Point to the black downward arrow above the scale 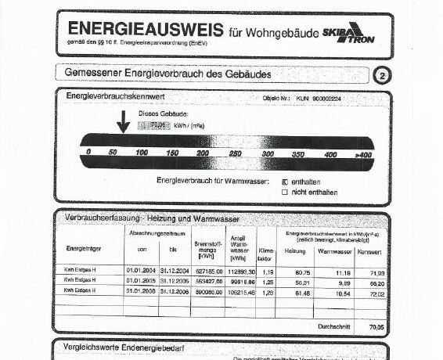[x=123, y=123]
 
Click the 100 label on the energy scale [x=142, y=153]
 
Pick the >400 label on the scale [x=362, y=155]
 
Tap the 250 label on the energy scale [x=236, y=154]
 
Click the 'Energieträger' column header [x=82, y=250]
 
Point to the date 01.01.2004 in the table [x=141, y=269]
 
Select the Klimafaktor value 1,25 [x=266, y=280]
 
